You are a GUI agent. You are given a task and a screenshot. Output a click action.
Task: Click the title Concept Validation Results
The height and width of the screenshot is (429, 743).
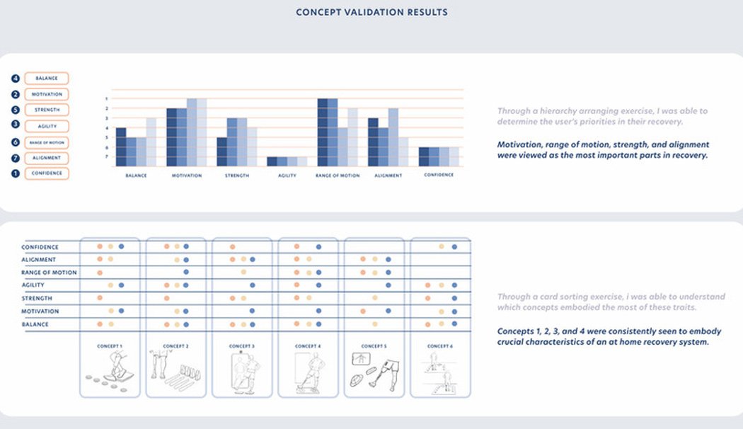(x=371, y=12)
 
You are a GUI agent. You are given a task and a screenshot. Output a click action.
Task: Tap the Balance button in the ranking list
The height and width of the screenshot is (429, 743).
(x=47, y=79)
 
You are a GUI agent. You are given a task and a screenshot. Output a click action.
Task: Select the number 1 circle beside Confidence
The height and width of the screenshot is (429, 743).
(x=15, y=173)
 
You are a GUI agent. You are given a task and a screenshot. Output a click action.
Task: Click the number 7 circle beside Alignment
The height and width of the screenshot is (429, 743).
(x=15, y=158)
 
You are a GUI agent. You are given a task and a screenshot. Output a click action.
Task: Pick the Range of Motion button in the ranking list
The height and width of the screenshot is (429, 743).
(x=47, y=142)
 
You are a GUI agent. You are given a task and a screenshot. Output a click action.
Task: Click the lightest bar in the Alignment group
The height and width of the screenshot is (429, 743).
(x=403, y=152)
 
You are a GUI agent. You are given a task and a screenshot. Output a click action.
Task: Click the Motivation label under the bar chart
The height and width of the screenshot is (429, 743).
(x=187, y=176)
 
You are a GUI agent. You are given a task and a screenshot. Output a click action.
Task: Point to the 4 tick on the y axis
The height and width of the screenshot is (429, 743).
(x=107, y=128)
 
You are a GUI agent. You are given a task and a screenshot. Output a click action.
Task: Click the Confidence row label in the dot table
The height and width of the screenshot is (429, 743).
(x=40, y=247)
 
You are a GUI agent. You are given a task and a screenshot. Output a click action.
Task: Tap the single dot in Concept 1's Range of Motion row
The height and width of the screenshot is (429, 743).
(x=100, y=273)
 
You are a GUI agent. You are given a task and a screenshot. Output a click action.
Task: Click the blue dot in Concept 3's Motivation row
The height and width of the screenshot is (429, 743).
(x=252, y=311)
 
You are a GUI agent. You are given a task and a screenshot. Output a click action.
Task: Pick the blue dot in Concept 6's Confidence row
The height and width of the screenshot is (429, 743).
(x=454, y=246)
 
